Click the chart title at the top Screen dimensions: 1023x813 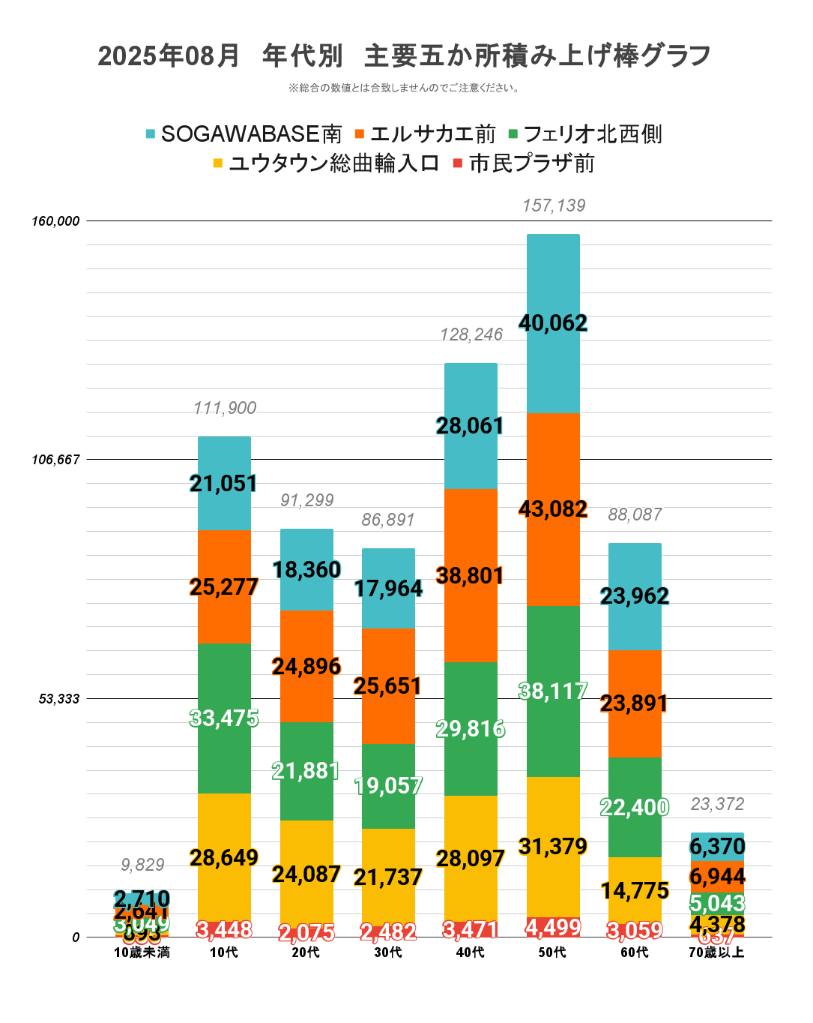point(405,55)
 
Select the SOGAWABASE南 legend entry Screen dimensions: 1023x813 point(244,134)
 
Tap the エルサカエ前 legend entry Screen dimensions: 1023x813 point(425,134)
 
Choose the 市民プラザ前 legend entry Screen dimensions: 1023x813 point(524,163)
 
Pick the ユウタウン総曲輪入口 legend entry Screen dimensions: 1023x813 point(326,163)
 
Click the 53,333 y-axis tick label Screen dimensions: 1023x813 point(59,699)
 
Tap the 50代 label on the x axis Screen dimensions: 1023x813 point(552,952)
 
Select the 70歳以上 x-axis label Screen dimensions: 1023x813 point(716,952)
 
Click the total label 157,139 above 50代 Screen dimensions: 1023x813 point(554,205)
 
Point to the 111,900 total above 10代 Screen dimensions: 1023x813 point(225,408)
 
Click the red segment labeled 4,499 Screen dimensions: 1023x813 point(553,927)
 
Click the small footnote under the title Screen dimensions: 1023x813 point(405,88)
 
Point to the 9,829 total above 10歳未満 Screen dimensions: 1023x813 point(142,865)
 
